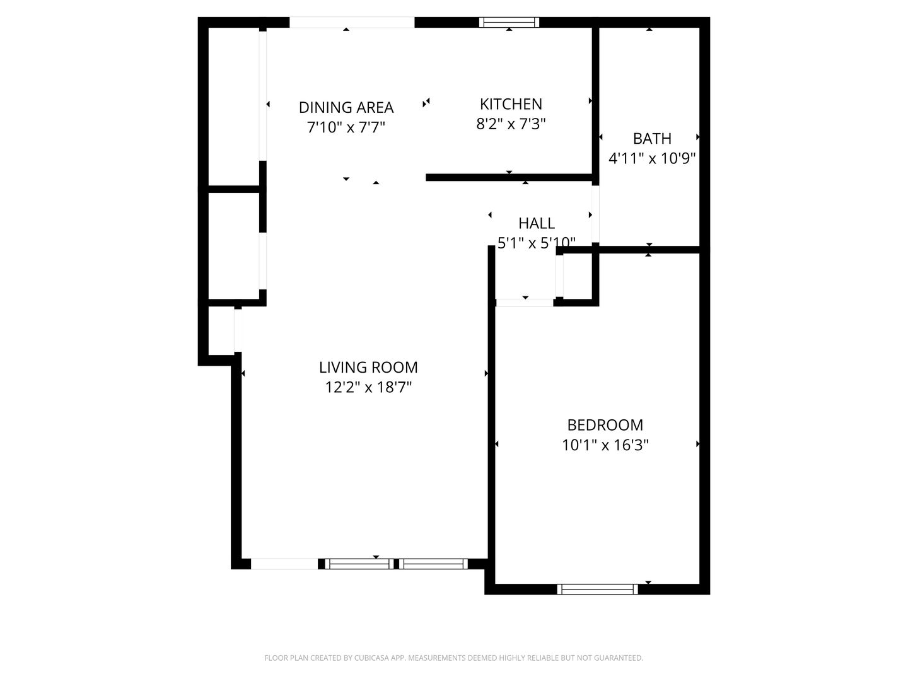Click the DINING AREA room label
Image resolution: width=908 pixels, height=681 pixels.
[346, 107]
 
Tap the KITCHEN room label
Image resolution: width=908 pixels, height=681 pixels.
[511, 104]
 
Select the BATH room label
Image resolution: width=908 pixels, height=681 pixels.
[652, 139]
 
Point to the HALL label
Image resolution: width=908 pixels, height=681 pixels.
[537, 223]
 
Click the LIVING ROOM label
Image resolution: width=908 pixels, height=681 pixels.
[368, 367]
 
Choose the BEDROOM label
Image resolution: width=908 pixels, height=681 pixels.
[605, 425]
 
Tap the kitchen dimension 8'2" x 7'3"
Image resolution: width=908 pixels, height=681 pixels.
[511, 124]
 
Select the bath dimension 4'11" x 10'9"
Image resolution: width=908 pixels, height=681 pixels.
[652, 158]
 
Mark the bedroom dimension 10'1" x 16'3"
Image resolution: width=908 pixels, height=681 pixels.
[605, 445]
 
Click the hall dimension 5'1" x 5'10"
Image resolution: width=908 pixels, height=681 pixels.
[537, 243]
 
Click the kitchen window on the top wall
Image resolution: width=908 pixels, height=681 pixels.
[509, 23]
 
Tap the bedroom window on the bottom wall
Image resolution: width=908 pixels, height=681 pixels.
[598, 589]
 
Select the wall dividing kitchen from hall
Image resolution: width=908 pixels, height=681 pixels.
[509, 178]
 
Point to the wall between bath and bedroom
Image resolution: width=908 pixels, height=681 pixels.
[649, 250]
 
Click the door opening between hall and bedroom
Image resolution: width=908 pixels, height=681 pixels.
[525, 303]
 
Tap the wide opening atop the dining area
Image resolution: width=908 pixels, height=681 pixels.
[352, 23]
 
